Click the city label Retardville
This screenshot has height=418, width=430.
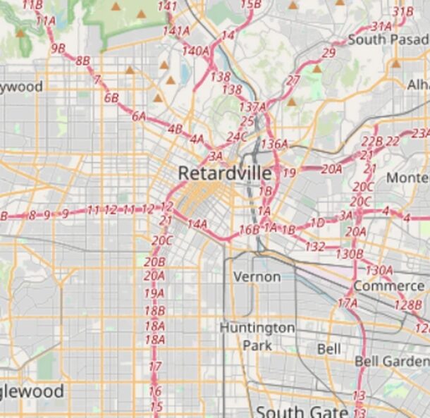[x=224, y=173]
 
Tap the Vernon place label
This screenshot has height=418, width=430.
[x=257, y=276]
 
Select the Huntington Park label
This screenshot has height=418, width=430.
[x=257, y=336]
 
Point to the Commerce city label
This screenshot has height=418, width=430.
[x=388, y=286]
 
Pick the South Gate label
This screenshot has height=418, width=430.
[x=302, y=412]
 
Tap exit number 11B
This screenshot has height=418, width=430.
[x=32, y=5]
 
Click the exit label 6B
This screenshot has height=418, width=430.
[x=111, y=98]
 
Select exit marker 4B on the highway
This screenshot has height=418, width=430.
[x=175, y=129]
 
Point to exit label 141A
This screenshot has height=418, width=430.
[x=176, y=31]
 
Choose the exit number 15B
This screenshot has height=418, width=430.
[x=250, y=5]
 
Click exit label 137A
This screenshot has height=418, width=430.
[x=253, y=107]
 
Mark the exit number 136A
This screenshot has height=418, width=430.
[x=274, y=144]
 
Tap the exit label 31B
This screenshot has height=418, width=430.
[x=403, y=12]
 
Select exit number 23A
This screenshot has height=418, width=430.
[x=421, y=133]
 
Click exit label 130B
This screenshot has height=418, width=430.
[x=349, y=254]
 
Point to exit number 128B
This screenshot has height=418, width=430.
[x=408, y=305]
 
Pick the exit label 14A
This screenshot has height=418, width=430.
[x=197, y=224]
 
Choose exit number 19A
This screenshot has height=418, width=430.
[x=154, y=293]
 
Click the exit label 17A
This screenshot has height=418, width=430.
[x=348, y=303]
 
